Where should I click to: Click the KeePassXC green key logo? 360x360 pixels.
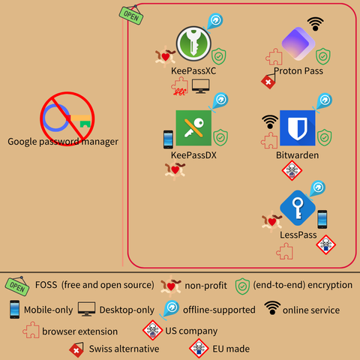pos(193,43)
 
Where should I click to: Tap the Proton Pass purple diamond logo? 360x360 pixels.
pos(298,43)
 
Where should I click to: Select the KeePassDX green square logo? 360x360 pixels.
pos(193,128)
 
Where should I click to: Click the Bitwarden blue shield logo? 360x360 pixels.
pos(298,128)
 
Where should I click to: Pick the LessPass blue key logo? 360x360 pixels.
pos(298,208)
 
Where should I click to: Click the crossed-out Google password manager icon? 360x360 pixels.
pos(67,118)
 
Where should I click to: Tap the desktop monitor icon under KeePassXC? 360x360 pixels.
pos(200,86)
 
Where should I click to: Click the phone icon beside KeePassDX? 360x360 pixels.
pos(168,139)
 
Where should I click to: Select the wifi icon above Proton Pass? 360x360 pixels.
pos(315,24)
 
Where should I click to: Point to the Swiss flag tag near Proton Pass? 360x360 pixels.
pos(268,81)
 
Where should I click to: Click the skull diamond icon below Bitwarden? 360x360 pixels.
pos(292,170)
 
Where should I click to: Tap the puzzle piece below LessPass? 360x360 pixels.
pos(285,251)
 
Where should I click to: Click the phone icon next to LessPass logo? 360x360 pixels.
pos(322,219)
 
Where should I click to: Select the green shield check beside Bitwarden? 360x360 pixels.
pos(325,137)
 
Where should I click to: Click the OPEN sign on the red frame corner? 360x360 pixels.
pos(131,16)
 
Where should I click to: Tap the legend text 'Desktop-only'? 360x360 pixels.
pos(127,310)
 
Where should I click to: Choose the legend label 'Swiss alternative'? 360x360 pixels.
pos(124,349)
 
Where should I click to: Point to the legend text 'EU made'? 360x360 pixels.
pos(231,349)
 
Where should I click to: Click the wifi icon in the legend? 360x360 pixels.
pos(272,307)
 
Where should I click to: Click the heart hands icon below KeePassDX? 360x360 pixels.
pos(175,170)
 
